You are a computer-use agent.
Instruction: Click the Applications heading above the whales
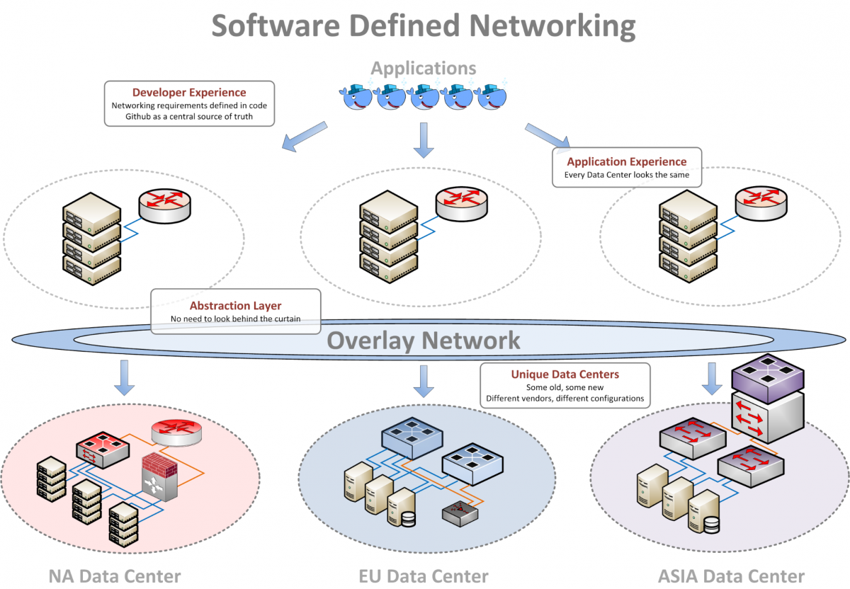coord(424,69)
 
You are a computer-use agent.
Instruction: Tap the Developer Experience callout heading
coord(189,92)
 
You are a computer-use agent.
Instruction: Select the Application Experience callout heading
coord(626,161)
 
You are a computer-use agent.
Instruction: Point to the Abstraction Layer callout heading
coord(235,306)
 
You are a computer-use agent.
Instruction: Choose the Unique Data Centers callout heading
coord(565,374)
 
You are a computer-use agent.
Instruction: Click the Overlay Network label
coord(424,341)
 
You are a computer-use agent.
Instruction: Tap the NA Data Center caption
coord(114,576)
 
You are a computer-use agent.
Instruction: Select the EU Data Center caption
coord(424,576)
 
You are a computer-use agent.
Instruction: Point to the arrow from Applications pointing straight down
coord(424,139)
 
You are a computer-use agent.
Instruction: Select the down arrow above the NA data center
coord(125,377)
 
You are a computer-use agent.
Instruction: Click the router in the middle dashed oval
coord(461,202)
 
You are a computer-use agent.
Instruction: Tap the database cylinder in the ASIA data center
coord(710,525)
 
